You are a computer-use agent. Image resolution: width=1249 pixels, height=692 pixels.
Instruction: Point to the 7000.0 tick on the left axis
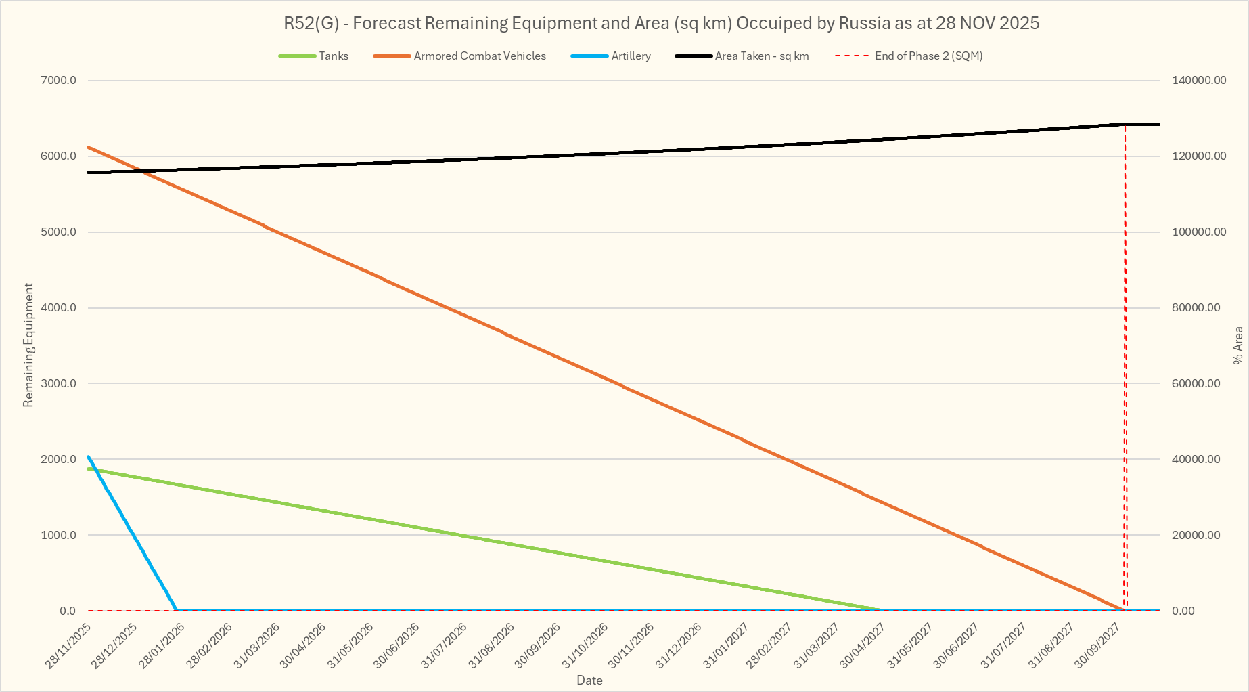59,81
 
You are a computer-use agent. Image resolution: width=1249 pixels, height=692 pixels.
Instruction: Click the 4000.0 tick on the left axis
59,308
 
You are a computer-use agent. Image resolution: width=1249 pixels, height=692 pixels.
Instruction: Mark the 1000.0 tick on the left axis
59,535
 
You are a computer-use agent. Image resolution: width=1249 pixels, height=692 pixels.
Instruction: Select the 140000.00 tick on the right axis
1199,81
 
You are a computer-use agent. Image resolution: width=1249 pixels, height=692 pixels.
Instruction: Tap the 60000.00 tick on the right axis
1199,384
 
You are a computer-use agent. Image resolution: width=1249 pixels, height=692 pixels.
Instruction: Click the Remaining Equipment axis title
28,345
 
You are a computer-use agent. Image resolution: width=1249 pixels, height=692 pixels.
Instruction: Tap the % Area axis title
1238,345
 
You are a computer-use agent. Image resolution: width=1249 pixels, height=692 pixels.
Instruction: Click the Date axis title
589,680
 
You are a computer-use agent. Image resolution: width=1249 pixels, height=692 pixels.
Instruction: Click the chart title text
661,23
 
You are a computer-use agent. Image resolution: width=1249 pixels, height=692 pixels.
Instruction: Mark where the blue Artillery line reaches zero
177,610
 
